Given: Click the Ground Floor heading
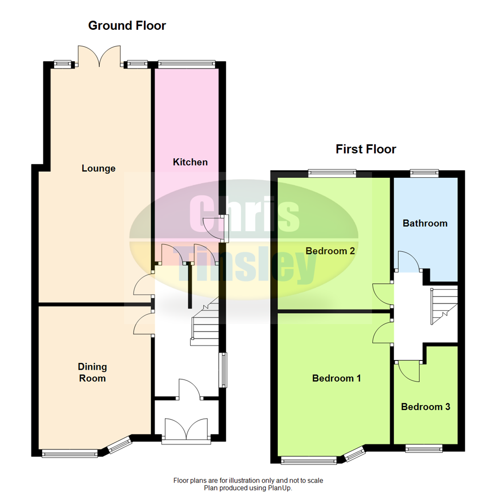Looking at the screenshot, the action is (x=127, y=26).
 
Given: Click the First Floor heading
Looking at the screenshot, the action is (x=366, y=149).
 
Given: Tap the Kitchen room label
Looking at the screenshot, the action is (x=190, y=162).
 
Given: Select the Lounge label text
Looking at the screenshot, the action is (x=98, y=168).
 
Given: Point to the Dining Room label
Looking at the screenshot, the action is (x=92, y=372).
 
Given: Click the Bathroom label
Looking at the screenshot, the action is (x=425, y=223).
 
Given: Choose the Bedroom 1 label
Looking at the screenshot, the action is (x=336, y=378).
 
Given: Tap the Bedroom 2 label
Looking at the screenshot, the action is (x=330, y=251).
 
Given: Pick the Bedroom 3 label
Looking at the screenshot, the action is (x=425, y=407).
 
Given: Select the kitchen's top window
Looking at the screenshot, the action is (x=186, y=65).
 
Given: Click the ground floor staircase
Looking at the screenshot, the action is (x=205, y=321).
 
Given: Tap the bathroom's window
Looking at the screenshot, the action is (x=424, y=173).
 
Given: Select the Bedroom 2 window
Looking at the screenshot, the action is (x=332, y=173).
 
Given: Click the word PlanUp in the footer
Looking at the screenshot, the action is (x=280, y=488).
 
